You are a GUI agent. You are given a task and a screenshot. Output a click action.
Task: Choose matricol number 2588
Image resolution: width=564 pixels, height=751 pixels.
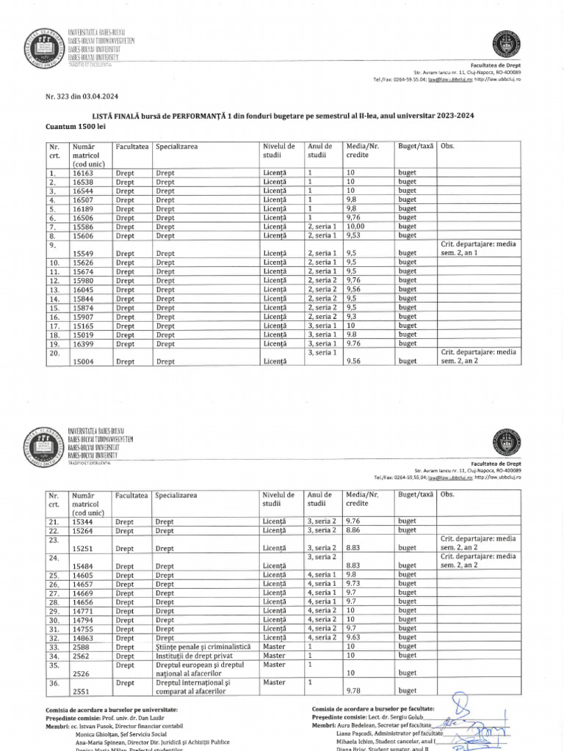coord(81,647)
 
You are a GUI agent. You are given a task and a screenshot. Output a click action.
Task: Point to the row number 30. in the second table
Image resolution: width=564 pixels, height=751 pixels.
coord(54,620)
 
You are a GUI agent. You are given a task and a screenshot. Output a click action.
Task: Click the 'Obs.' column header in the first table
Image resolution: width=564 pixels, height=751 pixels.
coord(447,147)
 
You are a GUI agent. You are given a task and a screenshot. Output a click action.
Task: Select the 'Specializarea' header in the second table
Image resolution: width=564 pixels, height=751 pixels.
coord(176,495)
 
